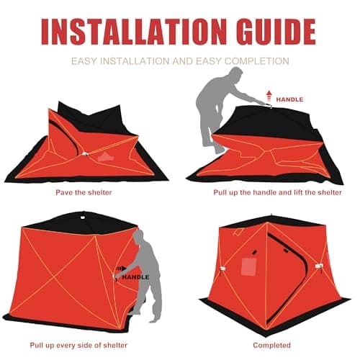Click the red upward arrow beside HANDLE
[269, 94]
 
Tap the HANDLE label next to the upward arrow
[290, 99]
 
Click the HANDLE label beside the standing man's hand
[135, 276]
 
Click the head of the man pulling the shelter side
[141, 238]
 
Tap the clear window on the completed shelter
[249, 265]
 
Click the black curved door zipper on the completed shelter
[272, 248]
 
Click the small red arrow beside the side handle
[116, 276]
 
